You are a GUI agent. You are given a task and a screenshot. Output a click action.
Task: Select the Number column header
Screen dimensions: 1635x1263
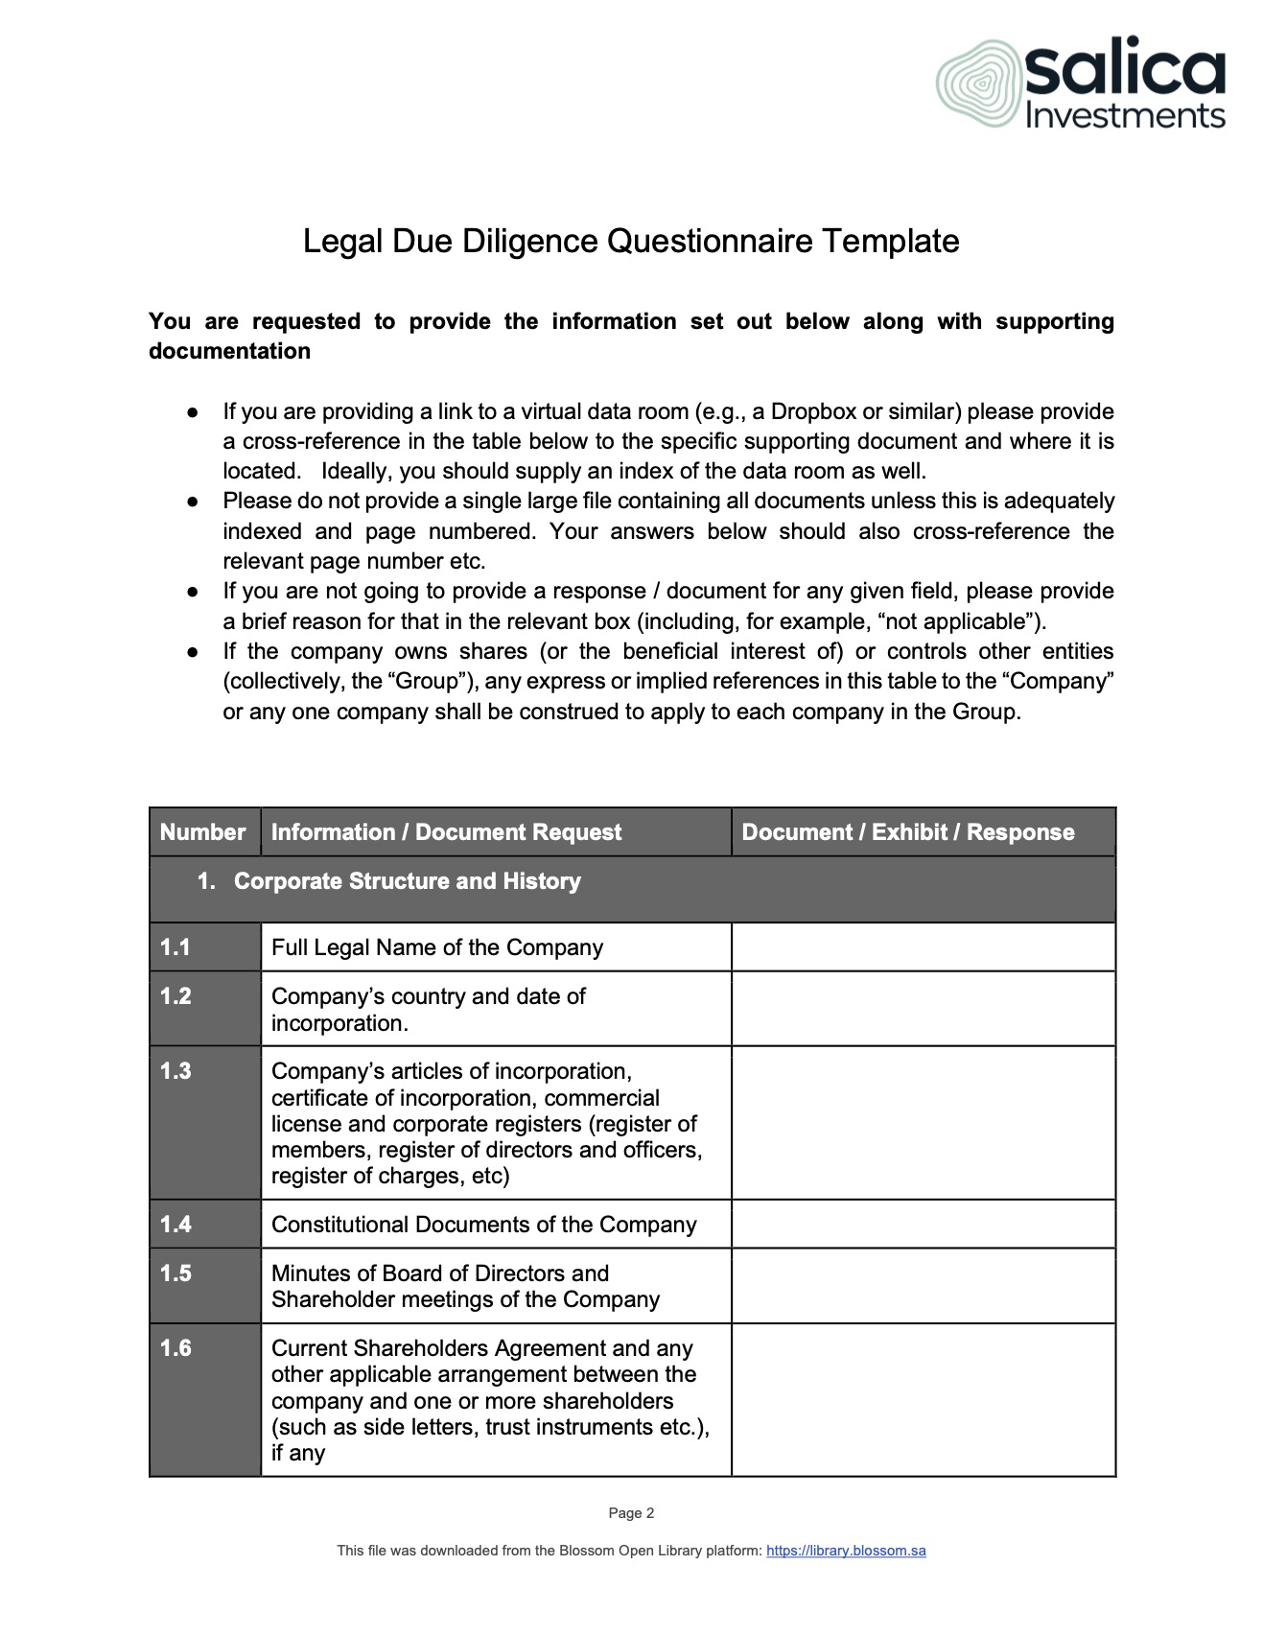pyautogui.click(x=202, y=832)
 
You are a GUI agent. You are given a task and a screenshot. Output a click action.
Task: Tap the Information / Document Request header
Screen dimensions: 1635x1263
pyautogui.click(x=446, y=832)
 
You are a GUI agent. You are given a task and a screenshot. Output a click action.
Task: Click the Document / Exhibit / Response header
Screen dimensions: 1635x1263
pyautogui.click(x=907, y=832)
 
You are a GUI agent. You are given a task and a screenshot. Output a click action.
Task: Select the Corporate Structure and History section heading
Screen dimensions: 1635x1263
pyautogui.click(x=407, y=881)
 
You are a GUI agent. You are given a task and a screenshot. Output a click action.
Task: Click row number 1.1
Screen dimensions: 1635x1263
pyautogui.click(x=175, y=947)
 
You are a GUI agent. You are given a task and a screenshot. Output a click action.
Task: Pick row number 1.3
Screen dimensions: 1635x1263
pyautogui.click(x=175, y=1071)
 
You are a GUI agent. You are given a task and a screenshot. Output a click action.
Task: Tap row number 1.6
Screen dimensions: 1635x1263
pyautogui.click(x=175, y=1348)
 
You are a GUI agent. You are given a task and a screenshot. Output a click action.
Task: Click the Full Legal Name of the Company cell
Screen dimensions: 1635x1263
pyautogui.click(x=437, y=947)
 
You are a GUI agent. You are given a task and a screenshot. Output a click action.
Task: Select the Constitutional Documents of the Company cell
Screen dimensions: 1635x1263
pyautogui.click(x=483, y=1225)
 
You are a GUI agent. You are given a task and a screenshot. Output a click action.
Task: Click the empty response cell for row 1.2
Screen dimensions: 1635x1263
pyautogui.click(x=923, y=1009)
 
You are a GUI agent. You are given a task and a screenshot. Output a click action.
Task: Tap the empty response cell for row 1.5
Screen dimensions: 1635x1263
pyautogui.click(x=923, y=1286)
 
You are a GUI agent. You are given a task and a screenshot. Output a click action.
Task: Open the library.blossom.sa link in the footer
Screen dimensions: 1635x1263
pyautogui.click(x=846, y=1551)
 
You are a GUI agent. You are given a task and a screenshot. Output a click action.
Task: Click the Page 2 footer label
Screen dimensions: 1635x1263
pyautogui.click(x=631, y=1513)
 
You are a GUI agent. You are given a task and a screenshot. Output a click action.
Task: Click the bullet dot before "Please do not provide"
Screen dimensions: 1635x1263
pyautogui.click(x=193, y=502)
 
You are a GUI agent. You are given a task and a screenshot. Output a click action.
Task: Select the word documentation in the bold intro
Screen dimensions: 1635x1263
pyautogui.click(x=229, y=351)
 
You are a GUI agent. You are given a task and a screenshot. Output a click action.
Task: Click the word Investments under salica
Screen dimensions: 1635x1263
pyautogui.click(x=1125, y=117)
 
